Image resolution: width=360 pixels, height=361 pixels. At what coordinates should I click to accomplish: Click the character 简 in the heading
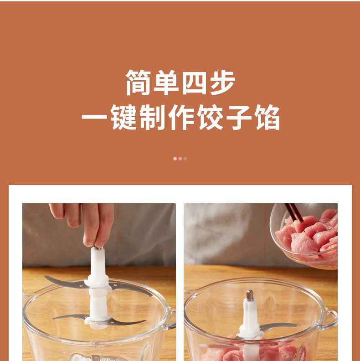pos(139,82)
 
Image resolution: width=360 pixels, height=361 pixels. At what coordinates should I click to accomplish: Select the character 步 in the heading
pos(223,82)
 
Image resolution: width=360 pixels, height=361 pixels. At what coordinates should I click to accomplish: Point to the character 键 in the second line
pos(123,117)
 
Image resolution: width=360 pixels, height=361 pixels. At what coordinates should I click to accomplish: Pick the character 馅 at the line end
pos(267,117)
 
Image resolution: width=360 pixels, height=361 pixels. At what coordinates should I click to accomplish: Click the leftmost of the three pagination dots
pos(175,159)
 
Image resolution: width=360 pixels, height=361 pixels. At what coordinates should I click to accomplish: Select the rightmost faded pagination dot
pos(185,159)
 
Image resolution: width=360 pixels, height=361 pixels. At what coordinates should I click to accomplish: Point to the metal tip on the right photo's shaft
pos(250,295)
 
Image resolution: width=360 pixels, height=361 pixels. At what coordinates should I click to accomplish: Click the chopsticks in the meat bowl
pos(294,212)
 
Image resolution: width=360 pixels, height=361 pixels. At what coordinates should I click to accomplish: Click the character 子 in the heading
pos(239,117)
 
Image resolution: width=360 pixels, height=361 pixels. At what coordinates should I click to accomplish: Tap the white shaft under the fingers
pos(98,285)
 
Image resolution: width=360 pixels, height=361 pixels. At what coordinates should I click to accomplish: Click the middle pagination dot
pos(180,159)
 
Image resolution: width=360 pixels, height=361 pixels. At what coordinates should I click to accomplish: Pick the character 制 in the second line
pos(153,117)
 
